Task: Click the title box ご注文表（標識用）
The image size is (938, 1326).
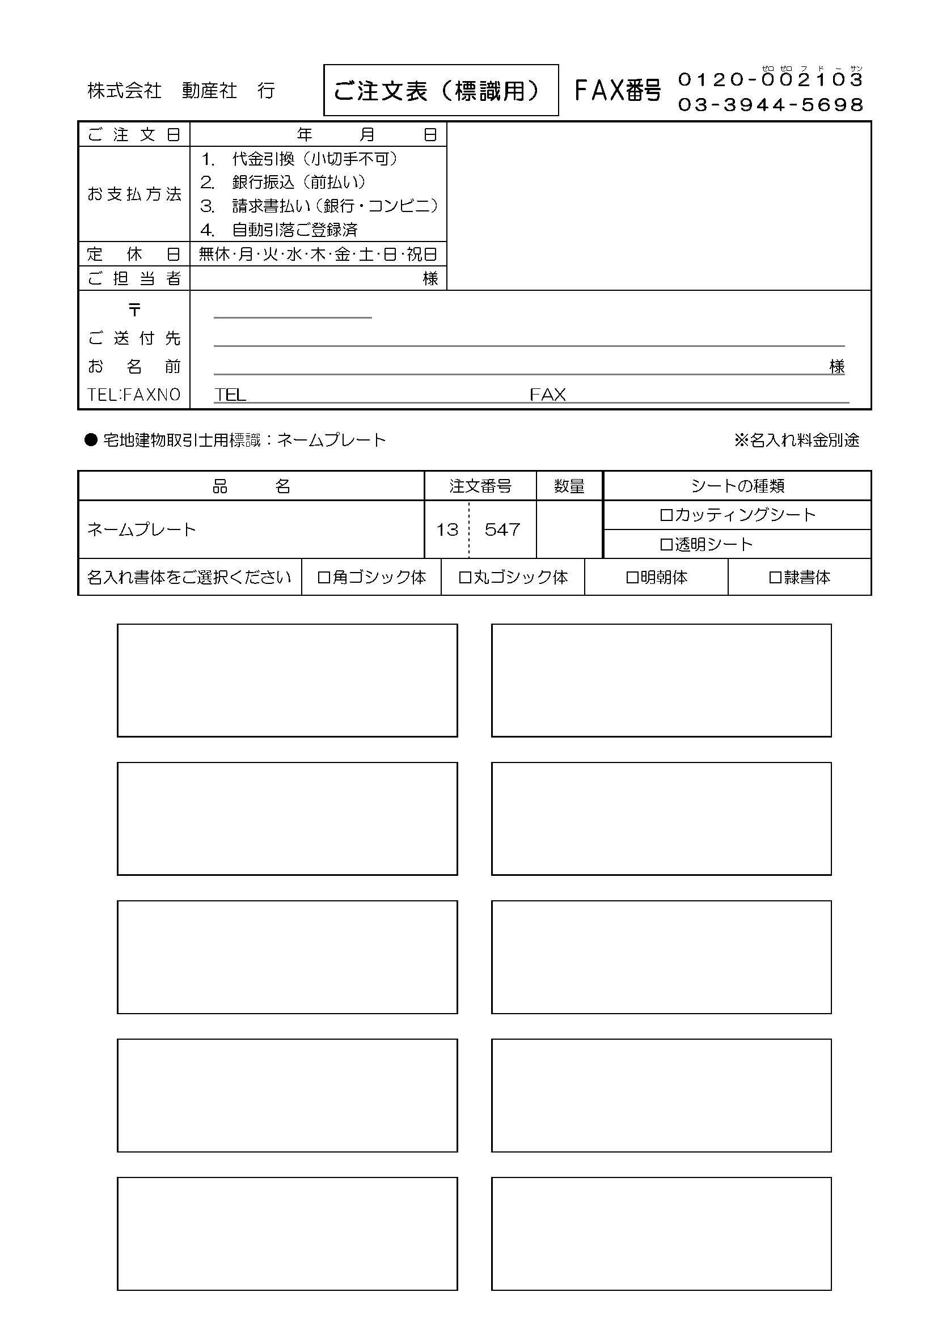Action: pos(441,90)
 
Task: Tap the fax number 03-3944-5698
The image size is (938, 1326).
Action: pos(771,104)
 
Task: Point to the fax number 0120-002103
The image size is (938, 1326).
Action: pos(771,80)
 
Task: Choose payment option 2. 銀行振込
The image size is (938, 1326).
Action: pos(283,182)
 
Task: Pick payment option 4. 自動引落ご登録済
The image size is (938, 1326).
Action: pos(280,230)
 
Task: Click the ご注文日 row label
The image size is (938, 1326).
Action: pos(134,134)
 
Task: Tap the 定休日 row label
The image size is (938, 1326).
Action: pos(134,254)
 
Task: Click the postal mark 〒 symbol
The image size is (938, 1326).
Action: pos(134,310)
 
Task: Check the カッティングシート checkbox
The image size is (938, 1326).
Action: pos(666,515)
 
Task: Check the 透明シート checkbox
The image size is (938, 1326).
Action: pos(666,545)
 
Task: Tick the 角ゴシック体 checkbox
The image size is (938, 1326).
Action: pos(324,577)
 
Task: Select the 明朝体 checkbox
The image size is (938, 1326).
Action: pos(632,577)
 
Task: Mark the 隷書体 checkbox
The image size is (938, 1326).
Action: pos(775,577)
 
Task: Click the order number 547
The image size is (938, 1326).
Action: pos(502,529)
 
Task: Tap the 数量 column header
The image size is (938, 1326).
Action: pos(569,486)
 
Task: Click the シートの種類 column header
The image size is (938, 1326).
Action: pos(737,486)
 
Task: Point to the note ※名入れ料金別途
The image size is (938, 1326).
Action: pos(796,440)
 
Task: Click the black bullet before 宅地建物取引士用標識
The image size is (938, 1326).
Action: pos(91,440)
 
